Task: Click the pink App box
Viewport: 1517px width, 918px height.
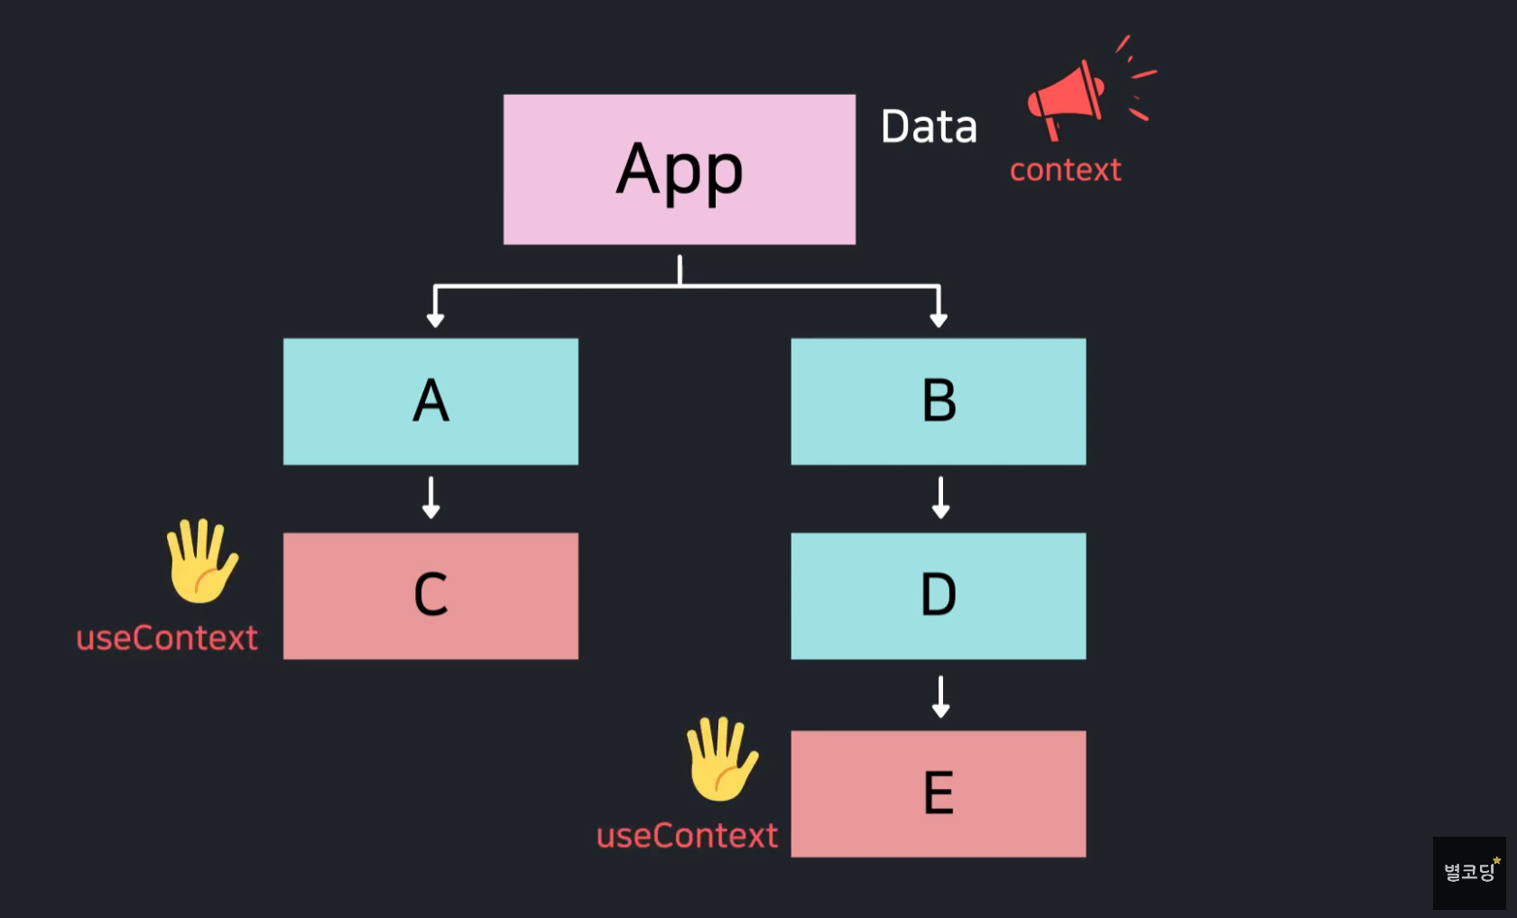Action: tap(679, 169)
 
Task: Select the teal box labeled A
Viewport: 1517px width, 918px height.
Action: tap(430, 401)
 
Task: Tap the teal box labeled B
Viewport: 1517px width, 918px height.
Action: tap(938, 401)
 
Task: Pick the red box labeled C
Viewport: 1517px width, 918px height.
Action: tap(430, 595)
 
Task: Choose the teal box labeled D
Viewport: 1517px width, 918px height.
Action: tap(938, 595)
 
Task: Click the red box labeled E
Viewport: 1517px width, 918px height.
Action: tap(938, 793)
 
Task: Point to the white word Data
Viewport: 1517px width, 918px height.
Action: tap(929, 126)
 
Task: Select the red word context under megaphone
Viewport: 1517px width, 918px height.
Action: tap(1065, 170)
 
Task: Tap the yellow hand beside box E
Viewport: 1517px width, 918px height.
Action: tap(721, 758)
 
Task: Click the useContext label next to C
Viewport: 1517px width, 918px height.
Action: tap(167, 638)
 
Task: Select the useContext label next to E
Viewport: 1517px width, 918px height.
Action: tap(687, 836)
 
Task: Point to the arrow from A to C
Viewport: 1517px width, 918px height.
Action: tap(430, 497)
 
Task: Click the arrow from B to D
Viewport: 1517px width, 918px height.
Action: tap(940, 497)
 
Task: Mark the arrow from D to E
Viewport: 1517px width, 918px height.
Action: tap(940, 696)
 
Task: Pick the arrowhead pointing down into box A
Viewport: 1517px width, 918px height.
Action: tap(435, 319)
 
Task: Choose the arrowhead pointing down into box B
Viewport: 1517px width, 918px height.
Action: tap(939, 319)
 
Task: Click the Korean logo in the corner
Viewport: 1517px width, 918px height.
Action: tap(1469, 872)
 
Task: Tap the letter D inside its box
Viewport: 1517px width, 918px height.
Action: tap(938, 595)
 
